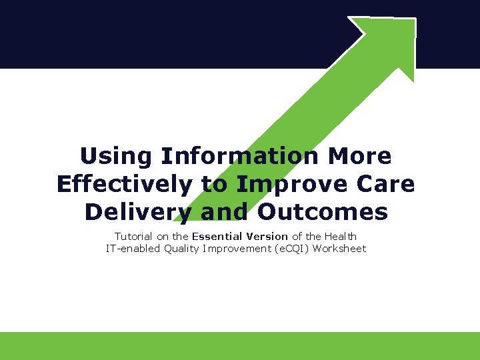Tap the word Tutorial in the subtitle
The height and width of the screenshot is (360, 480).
pos(133,236)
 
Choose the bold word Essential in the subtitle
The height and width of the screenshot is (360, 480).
pos(216,236)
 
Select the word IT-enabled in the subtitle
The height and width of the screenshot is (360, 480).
pos(133,249)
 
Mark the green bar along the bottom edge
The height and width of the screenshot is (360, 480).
pos(240,346)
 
